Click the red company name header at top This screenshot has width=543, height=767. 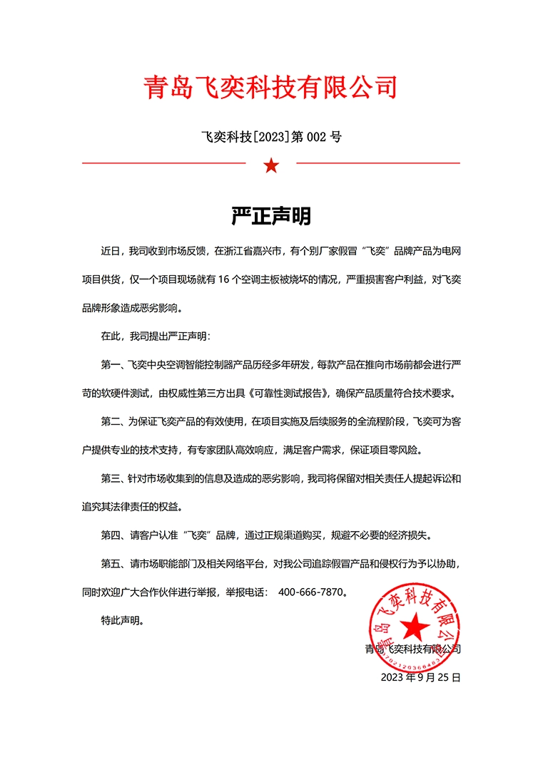pos(270,88)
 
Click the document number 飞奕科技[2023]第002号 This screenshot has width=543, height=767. pos(271,136)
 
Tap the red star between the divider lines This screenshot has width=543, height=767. pos(271,166)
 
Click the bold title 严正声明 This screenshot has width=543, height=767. pos(271,216)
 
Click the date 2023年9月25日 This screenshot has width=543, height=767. pos(421,677)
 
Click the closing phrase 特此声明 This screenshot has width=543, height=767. pos(122,620)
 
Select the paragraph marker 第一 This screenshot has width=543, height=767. pos(112,364)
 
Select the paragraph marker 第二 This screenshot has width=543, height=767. pos(112,421)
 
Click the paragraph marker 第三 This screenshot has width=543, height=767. pos(112,478)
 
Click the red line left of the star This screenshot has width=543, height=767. pos(164,163)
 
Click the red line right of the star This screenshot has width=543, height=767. pos(378,163)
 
